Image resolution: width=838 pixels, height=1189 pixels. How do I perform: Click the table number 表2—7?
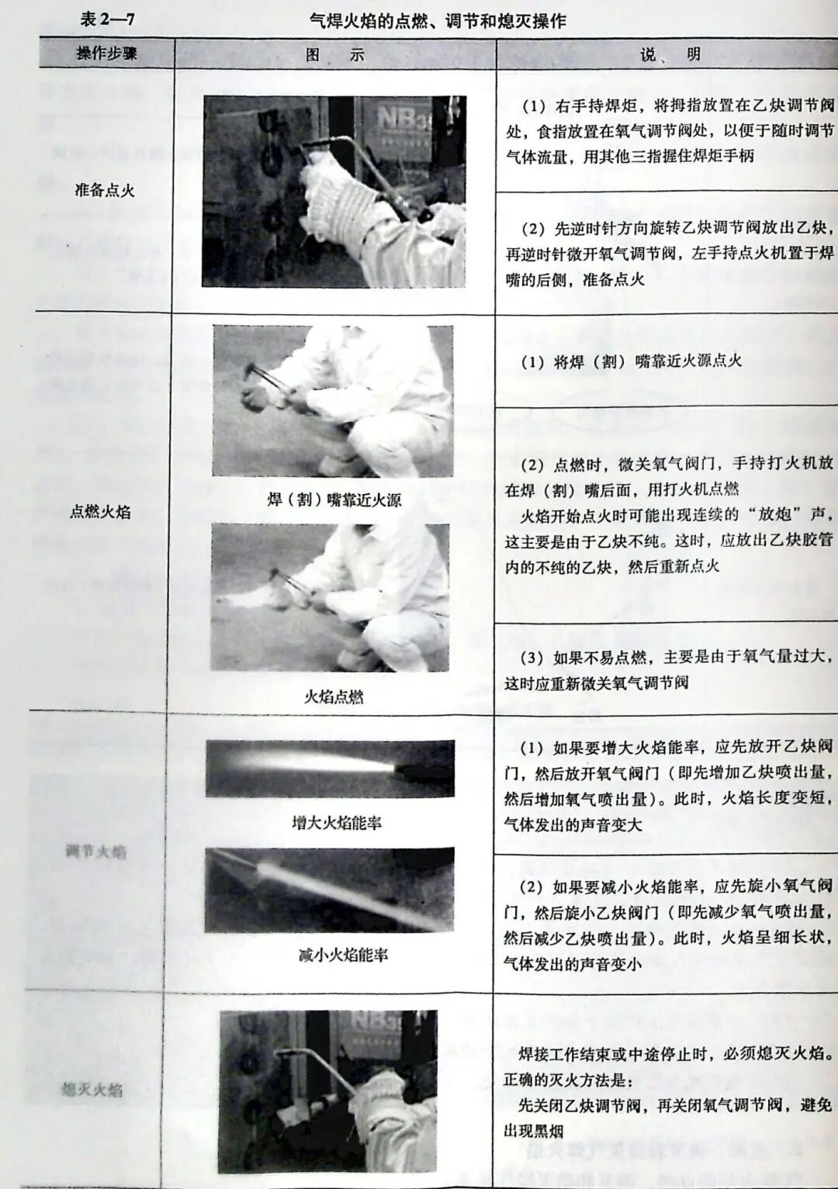point(107,18)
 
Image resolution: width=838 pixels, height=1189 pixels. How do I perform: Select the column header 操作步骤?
point(107,54)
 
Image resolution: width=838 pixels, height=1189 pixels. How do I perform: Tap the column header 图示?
point(334,54)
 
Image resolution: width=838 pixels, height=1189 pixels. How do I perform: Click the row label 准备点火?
point(105,190)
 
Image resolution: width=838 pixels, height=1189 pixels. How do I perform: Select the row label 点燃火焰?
point(100,512)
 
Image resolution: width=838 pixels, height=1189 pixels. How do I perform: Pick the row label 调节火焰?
point(95,852)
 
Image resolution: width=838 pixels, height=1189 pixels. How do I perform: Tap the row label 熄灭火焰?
point(92,1090)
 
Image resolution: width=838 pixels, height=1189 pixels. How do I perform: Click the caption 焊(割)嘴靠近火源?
point(334,500)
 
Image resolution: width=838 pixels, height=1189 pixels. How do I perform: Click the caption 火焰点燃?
point(333,696)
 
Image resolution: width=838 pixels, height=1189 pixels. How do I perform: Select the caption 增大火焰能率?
point(336,823)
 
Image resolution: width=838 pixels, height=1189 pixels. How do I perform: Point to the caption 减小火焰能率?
point(343,955)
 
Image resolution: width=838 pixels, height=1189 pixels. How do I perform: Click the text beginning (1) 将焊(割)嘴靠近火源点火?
point(631,361)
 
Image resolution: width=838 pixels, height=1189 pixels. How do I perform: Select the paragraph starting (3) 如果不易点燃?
point(667,669)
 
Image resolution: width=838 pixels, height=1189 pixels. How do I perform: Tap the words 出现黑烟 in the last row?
point(534,1131)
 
